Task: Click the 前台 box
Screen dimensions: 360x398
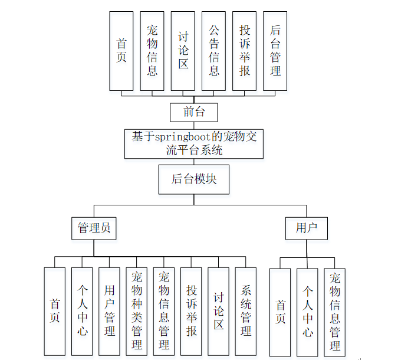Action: point(193,112)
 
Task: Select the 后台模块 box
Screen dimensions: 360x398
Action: point(193,179)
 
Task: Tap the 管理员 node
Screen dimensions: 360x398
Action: point(94,228)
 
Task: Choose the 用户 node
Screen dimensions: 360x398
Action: point(306,228)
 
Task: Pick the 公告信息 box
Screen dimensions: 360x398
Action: point(213,51)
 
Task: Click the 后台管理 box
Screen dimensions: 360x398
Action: point(275,51)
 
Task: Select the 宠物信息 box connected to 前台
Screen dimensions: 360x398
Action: point(152,51)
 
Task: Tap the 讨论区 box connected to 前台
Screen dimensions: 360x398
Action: point(183,51)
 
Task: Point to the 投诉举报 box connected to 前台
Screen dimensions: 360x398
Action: point(244,51)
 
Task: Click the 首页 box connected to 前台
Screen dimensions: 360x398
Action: point(121,51)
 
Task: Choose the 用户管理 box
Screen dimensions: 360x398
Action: point(110,312)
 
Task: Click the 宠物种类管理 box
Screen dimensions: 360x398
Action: point(137,312)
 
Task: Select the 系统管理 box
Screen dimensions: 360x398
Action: point(246,312)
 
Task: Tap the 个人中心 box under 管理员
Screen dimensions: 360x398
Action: point(83,312)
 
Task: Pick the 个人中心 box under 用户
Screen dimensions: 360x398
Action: point(307,312)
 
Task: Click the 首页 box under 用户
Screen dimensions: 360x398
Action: point(280,312)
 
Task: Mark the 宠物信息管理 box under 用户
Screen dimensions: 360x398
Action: point(335,312)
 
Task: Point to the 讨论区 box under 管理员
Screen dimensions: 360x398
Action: point(219,312)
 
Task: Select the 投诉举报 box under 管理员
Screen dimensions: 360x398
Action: point(192,312)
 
